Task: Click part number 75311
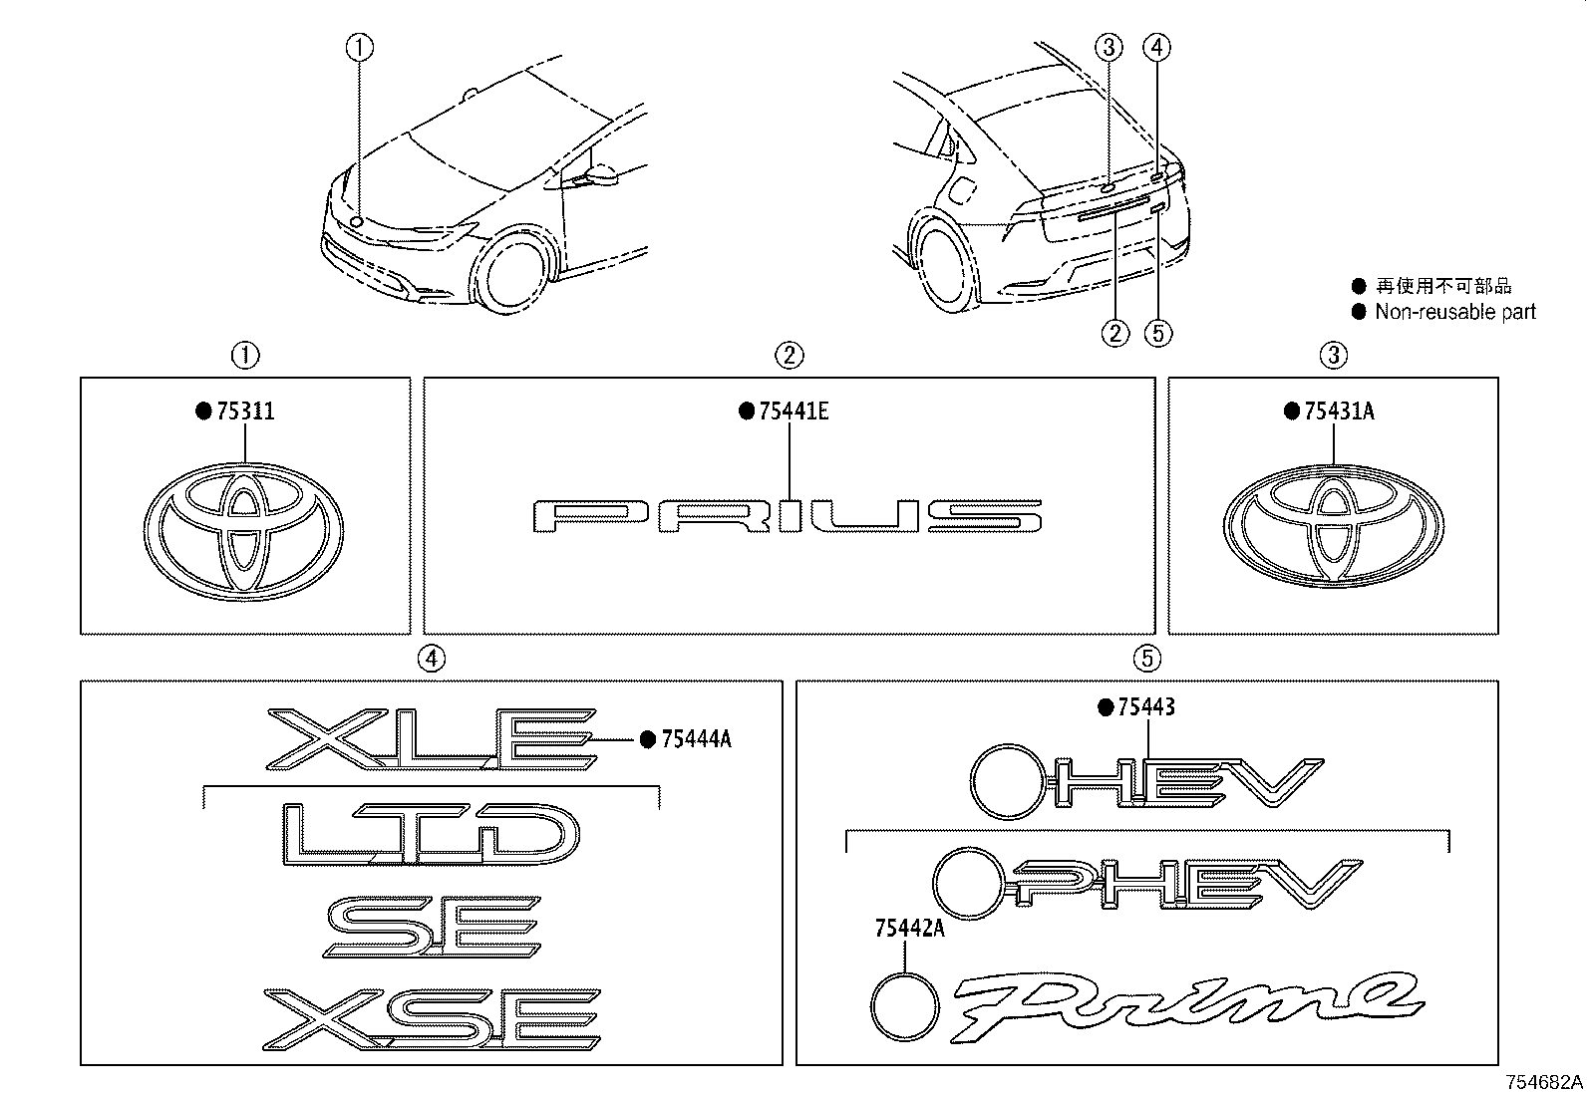(244, 411)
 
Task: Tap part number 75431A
(1338, 411)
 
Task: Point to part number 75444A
(696, 738)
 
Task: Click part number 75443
(1145, 707)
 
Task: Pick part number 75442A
(907, 929)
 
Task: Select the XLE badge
(432, 739)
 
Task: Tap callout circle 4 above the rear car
(1156, 46)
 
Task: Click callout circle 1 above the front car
(360, 46)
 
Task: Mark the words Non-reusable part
(1454, 312)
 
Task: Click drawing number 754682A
(1544, 1082)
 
